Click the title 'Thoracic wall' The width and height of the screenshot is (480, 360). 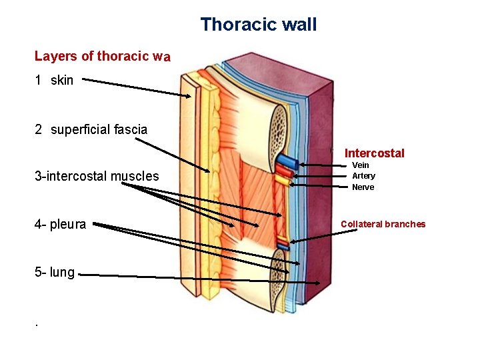[x=259, y=25]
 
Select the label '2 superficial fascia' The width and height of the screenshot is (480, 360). [x=91, y=129]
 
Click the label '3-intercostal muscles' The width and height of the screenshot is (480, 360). [x=97, y=177]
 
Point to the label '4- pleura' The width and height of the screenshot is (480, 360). [x=60, y=225]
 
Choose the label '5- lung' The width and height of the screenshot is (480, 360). [x=55, y=272]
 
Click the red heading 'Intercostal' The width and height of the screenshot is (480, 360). [x=374, y=153]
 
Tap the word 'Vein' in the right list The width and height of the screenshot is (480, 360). [x=360, y=165]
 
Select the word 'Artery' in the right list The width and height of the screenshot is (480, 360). [x=363, y=176]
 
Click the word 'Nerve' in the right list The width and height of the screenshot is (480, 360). [x=363, y=187]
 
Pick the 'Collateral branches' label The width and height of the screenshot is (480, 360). [x=383, y=224]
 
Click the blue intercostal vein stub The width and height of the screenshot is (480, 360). [x=287, y=162]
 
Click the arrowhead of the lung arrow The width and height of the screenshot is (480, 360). [x=318, y=283]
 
